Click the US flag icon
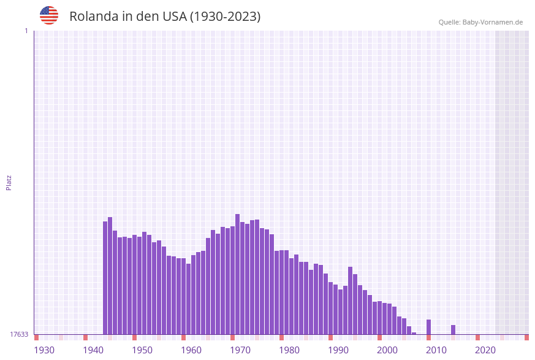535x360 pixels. tap(49, 15)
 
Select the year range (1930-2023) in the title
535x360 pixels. tap(225, 17)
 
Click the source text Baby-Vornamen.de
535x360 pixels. tap(493, 22)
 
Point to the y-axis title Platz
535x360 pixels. tap(9, 182)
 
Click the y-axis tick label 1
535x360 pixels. tap(26, 31)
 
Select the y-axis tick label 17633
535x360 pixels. tap(19, 334)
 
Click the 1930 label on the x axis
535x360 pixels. tap(44, 350)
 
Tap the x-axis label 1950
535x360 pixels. tap(142, 350)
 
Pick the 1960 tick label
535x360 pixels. tap(191, 350)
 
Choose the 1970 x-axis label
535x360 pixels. tap(240, 350)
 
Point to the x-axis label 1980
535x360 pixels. tap(289, 350)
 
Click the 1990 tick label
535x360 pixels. tap(338, 350)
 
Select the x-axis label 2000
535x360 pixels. tap(387, 350)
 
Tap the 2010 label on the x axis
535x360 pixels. tap(436, 350)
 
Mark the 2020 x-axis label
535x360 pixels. tap(485, 350)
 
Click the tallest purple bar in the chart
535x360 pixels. tap(238, 274)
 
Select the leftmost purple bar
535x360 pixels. tap(105, 278)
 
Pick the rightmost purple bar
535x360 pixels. tap(453, 330)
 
